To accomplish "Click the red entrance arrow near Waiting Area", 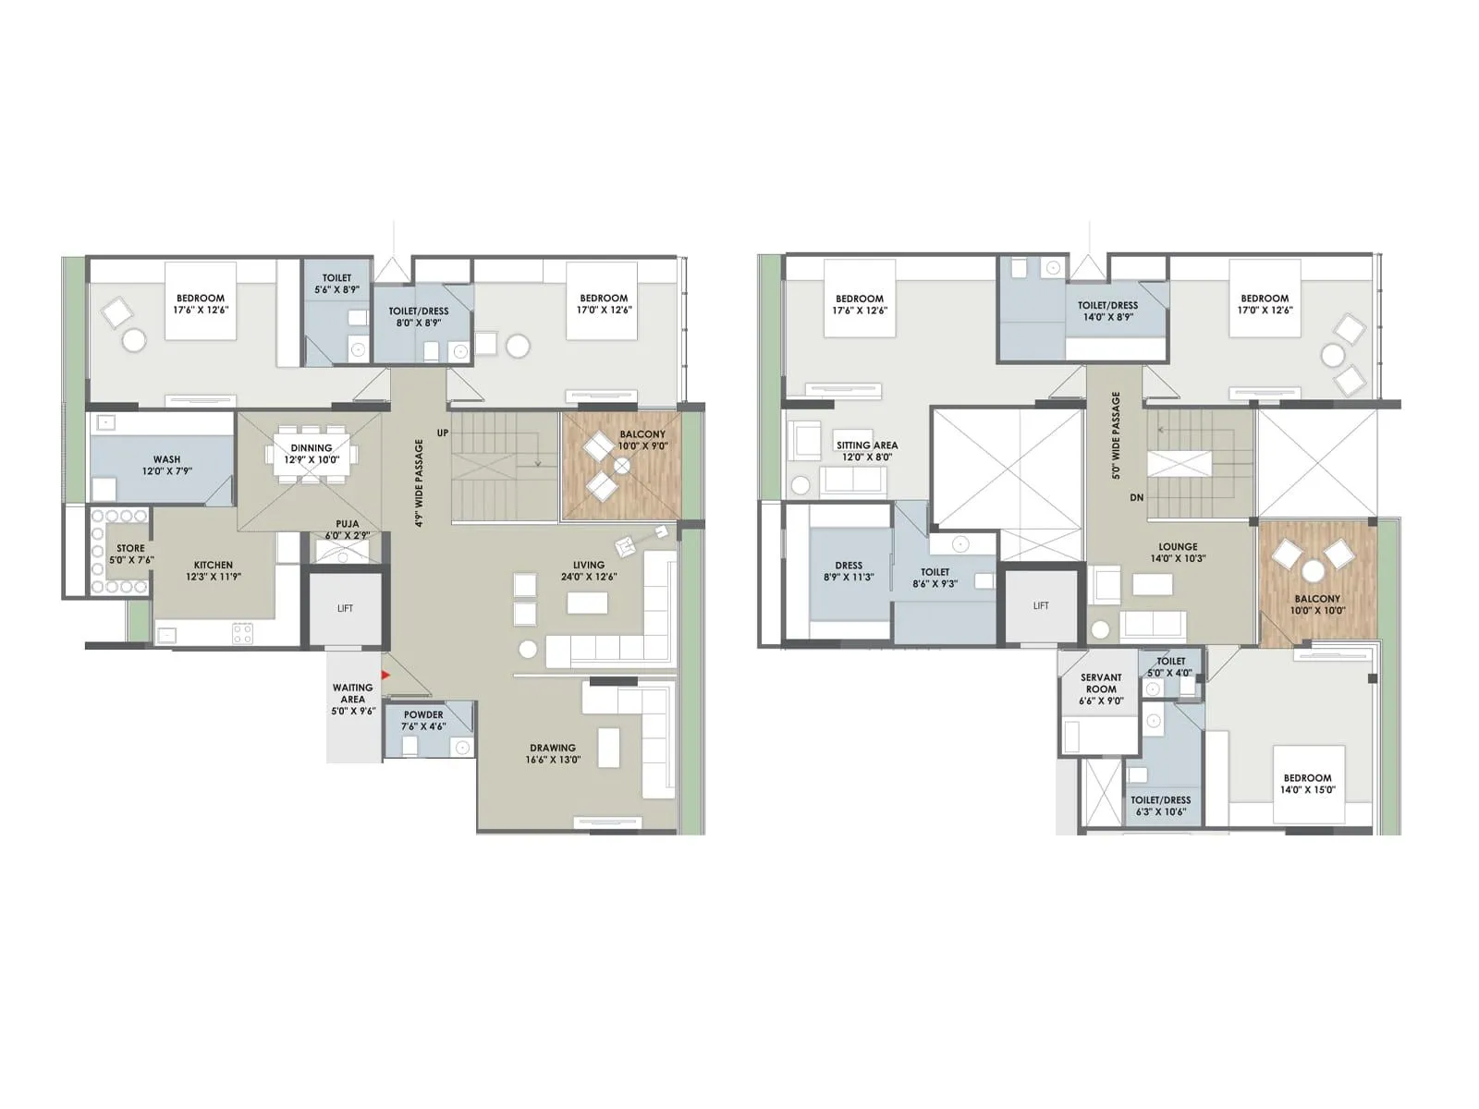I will (385, 676).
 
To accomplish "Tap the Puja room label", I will (348, 530).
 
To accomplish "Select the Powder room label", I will (423, 721).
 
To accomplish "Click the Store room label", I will (130, 554).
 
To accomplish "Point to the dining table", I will (311, 454).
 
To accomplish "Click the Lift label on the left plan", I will (345, 608).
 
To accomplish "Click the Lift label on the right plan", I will (1041, 606).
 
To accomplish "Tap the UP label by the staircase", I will (443, 433).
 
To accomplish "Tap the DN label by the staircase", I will (1136, 498).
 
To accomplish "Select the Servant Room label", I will (1101, 689).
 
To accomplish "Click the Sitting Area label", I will (866, 451).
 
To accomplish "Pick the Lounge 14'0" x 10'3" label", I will (1178, 553).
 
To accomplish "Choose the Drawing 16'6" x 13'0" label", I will (553, 754).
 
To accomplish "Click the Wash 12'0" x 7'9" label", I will (167, 465).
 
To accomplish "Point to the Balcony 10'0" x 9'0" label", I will (642, 440).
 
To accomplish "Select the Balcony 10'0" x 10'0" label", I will (1317, 604).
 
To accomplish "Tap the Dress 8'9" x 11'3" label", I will (849, 571).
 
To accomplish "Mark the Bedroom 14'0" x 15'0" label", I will (1307, 785).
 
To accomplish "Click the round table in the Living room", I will (528, 649).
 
